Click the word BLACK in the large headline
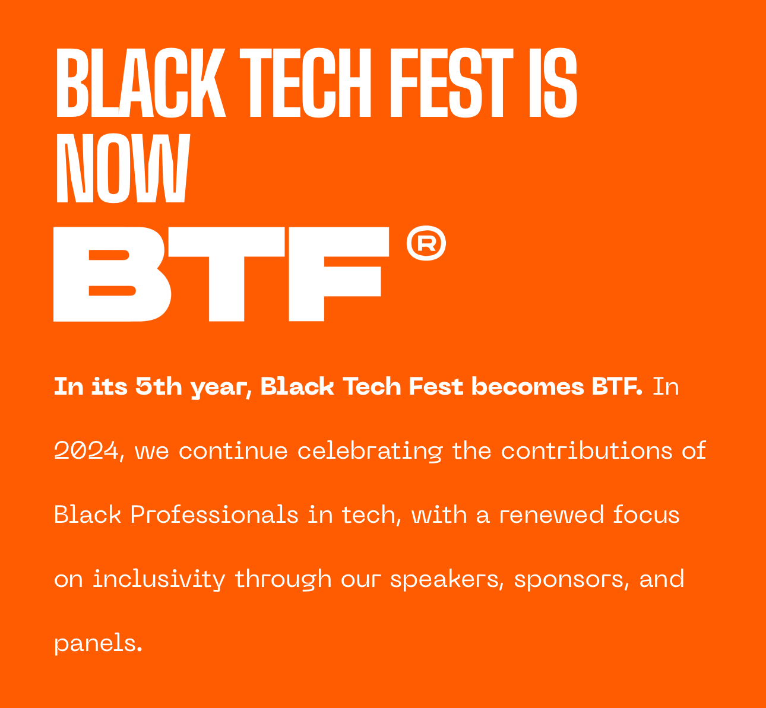coord(141,82)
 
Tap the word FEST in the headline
coord(452,82)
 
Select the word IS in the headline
coord(553,82)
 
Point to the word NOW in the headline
coord(123,168)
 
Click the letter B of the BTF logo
coord(112,274)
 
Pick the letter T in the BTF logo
coord(226,274)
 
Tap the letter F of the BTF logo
coord(339,274)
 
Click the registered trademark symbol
coord(426,243)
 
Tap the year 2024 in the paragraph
coord(86,450)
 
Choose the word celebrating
coord(370,451)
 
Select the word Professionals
coord(214,515)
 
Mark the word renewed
coord(552,515)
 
